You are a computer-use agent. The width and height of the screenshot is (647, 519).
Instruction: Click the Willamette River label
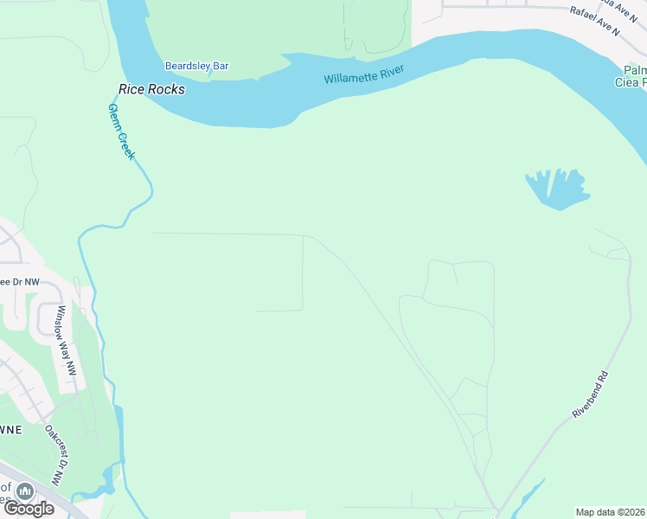[364, 74]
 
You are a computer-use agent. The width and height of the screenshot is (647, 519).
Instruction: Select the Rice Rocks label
[151, 88]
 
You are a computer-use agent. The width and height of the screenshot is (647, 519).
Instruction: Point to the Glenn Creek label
[122, 131]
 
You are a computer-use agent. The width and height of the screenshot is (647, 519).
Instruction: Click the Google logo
[29, 508]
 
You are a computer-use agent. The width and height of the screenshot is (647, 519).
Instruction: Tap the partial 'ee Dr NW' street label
[20, 281]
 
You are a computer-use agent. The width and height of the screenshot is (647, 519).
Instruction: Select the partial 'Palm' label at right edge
[636, 69]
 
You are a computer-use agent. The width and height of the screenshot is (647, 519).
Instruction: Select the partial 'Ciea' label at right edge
[630, 82]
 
